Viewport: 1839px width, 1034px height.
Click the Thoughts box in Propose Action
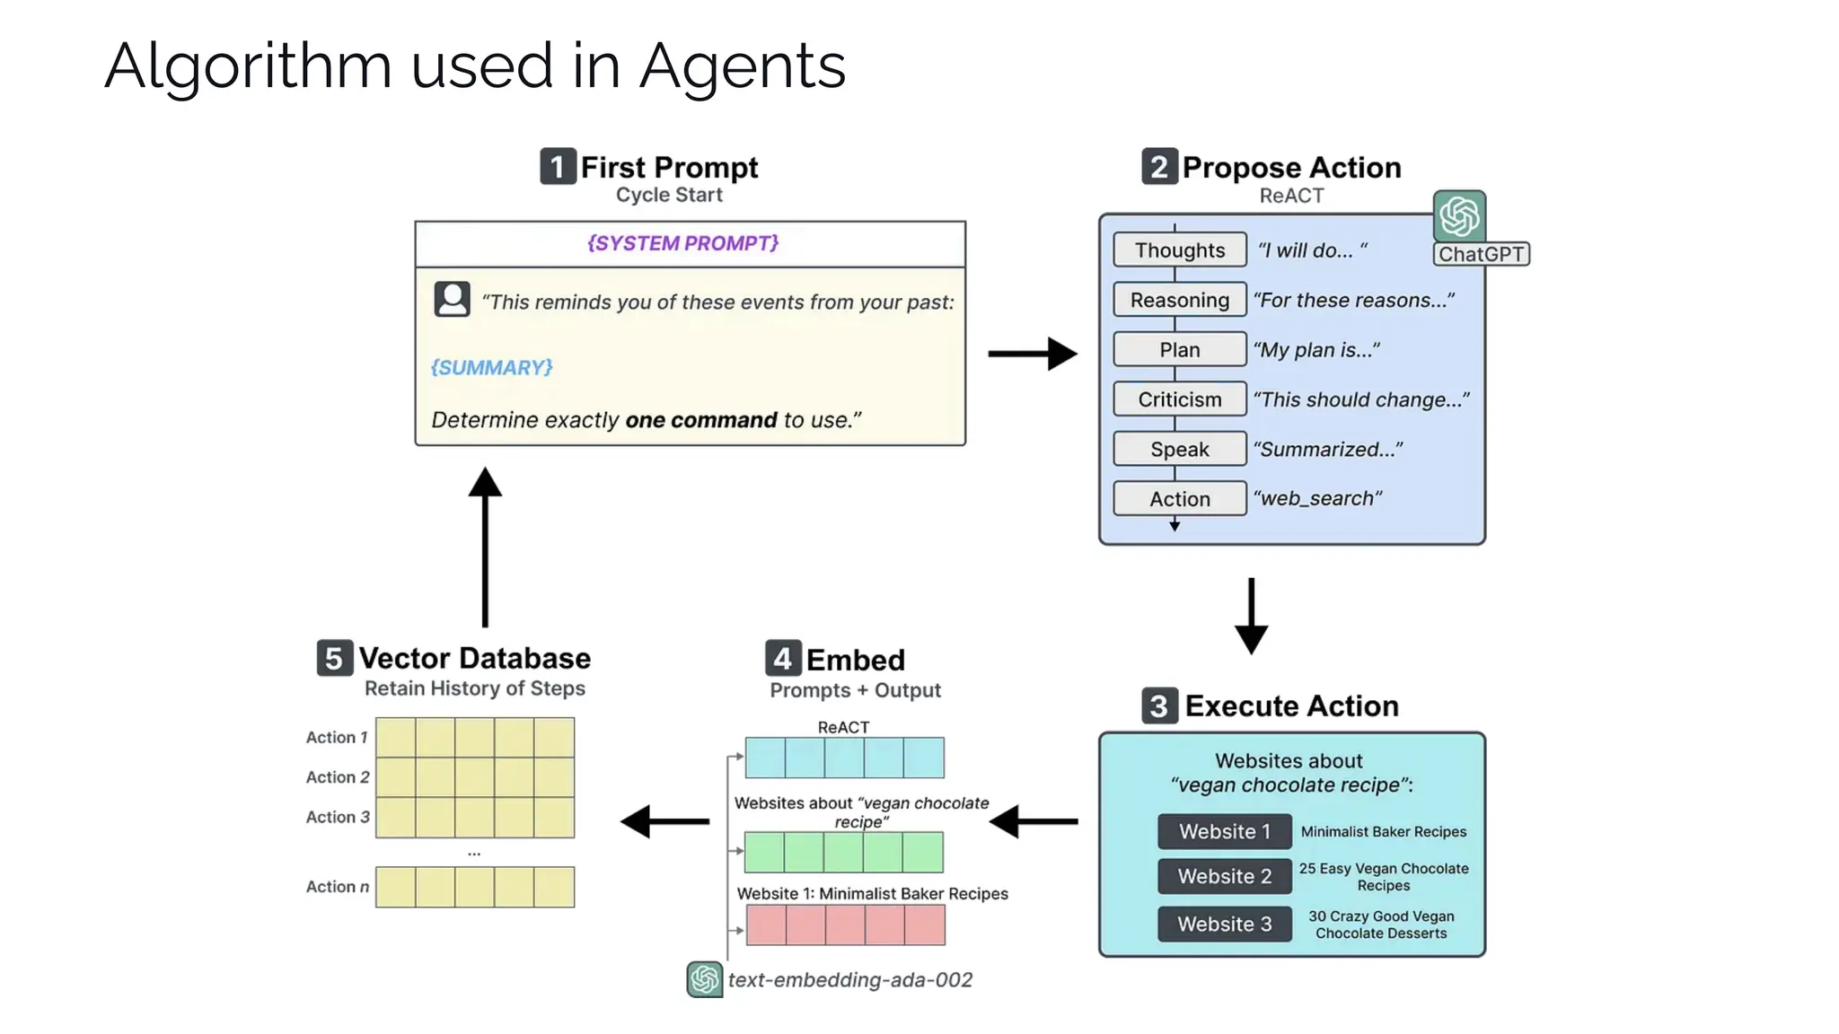click(1179, 250)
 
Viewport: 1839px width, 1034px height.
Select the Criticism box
click(1179, 399)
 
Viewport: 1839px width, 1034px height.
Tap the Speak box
click(1179, 449)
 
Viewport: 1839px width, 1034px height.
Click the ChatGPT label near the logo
click(1481, 254)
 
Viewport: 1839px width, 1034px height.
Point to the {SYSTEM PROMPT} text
click(682, 243)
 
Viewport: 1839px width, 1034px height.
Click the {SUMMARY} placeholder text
click(491, 367)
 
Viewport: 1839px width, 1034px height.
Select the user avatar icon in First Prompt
click(452, 299)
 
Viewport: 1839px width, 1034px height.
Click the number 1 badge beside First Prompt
click(557, 167)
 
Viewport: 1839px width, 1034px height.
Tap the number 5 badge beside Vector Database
click(334, 658)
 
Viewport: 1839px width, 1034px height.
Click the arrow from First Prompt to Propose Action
click(1032, 354)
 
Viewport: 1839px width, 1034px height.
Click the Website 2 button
click(1224, 876)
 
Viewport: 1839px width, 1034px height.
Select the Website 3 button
click(1224, 924)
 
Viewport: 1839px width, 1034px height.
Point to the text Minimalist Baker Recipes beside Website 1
click(1383, 831)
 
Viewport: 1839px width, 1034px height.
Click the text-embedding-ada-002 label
click(849, 979)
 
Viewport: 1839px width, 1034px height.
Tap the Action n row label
click(337, 886)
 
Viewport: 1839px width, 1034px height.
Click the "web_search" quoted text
click(1316, 498)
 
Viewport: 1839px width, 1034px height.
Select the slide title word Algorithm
click(248, 66)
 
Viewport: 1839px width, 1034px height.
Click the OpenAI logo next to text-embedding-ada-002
click(705, 978)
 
